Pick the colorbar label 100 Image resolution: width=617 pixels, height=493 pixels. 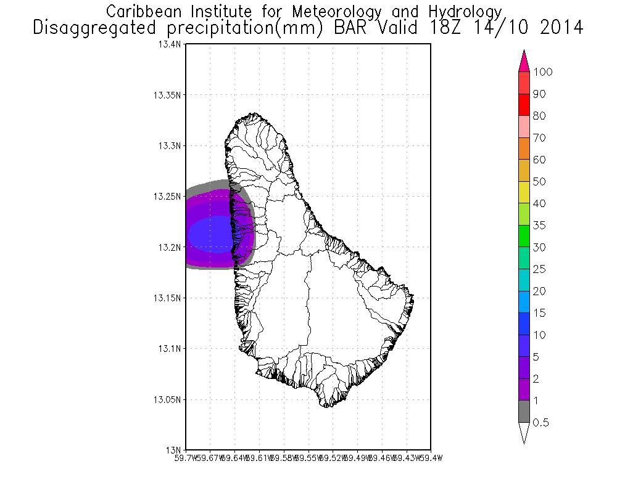[543, 72]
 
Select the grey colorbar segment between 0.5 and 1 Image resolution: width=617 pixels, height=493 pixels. [524, 412]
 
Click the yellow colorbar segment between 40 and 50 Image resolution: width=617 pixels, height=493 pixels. [524, 192]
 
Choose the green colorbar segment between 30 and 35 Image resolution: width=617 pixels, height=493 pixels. [524, 236]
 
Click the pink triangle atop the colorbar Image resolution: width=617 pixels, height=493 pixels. [524, 60]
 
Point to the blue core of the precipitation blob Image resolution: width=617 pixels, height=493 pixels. [212, 233]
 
